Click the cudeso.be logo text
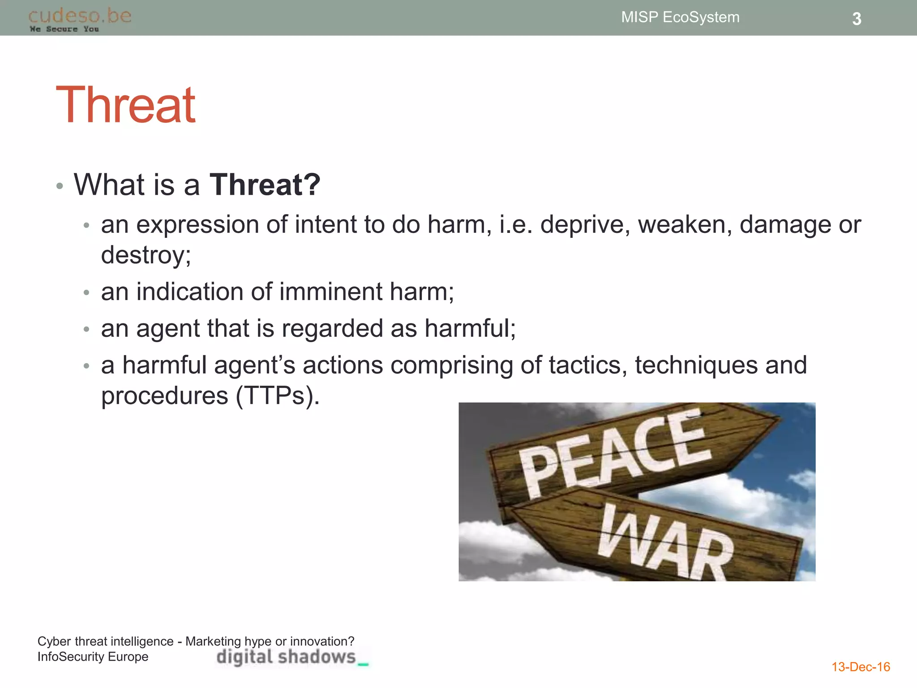pos(80,16)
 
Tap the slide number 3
pos(856,19)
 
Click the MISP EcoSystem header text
pos(680,17)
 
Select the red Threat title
pos(126,105)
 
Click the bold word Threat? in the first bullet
pos(265,185)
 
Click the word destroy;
pos(146,255)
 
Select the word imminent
pos(331,292)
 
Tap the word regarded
pos(332,329)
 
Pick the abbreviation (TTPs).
pos(278,396)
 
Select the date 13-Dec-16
pos(860,667)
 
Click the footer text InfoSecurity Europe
pos(93,657)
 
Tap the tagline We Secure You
pos(64,29)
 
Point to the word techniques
pos(696,365)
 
